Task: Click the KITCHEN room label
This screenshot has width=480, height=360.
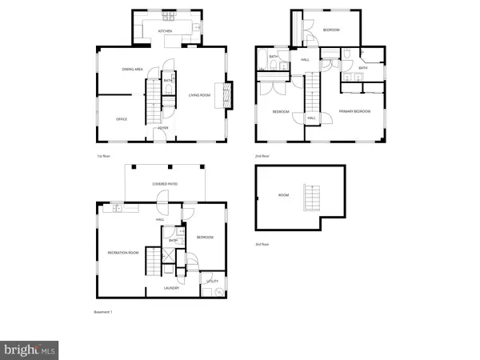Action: click(x=166, y=31)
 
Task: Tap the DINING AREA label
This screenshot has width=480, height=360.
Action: click(x=132, y=70)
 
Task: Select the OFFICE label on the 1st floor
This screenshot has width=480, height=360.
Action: click(x=122, y=119)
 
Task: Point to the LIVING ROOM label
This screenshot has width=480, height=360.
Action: click(x=199, y=96)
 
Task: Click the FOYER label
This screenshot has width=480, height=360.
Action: click(x=162, y=128)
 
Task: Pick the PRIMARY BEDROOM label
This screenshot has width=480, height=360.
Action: click(x=354, y=111)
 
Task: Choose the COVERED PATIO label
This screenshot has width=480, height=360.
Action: click(x=166, y=184)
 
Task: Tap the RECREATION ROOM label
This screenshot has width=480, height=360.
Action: click(x=123, y=253)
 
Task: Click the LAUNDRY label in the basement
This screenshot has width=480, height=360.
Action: click(x=170, y=287)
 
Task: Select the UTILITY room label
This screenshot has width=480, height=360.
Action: click(x=212, y=282)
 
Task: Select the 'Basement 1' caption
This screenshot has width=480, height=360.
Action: click(x=101, y=311)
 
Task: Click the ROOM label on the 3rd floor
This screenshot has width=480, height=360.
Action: click(x=284, y=194)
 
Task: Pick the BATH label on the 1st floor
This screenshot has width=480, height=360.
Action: click(x=168, y=81)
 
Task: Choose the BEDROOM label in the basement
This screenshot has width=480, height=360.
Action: click(x=205, y=238)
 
